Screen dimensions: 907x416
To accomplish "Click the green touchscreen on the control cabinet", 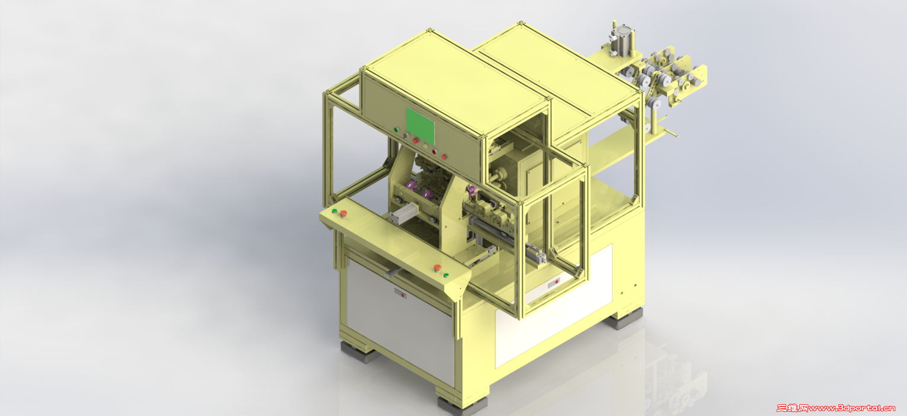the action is (420, 126).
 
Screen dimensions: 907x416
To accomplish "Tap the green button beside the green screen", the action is (397, 130).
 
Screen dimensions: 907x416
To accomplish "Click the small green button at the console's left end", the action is (334, 211).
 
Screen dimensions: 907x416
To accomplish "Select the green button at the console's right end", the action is (446, 276).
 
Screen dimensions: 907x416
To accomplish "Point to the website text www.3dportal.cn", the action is (851, 408).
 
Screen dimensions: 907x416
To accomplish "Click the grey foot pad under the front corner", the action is (463, 404).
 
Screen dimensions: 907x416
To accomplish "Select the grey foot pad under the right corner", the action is (624, 319).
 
